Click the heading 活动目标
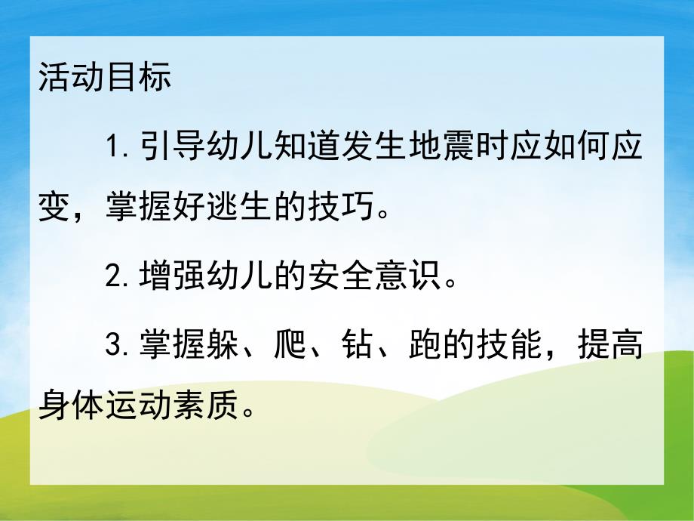pos(105,79)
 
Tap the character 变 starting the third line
pos(53,208)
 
